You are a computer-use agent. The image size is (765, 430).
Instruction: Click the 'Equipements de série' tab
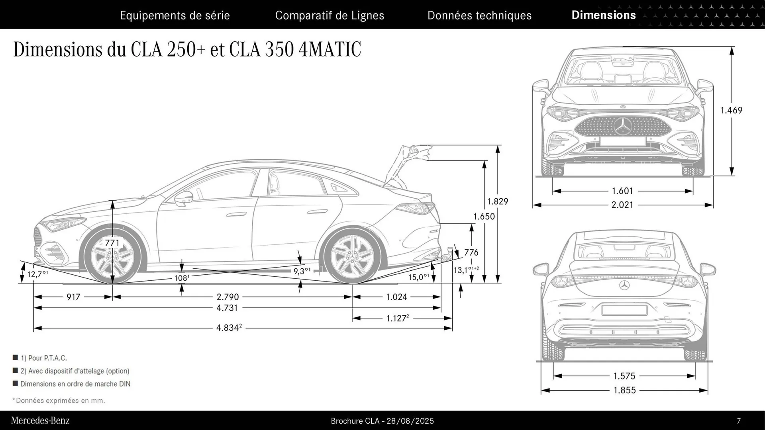click(x=175, y=16)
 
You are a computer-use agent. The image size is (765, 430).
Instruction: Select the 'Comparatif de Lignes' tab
click(x=330, y=16)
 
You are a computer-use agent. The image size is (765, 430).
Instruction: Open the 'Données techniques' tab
click(x=479, y=16)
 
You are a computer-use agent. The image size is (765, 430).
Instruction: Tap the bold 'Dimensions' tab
click(x=603, y=15)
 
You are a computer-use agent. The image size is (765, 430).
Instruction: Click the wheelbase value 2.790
click(x=228, y=297)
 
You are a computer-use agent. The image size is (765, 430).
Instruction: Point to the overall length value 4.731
click(x=227, y=308)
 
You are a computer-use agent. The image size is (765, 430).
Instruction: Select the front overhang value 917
click(x=73, y=297)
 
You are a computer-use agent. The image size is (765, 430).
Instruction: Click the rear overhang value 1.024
click(x=396, y=297)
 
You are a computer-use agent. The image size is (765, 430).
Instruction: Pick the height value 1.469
click(x=731, y=110)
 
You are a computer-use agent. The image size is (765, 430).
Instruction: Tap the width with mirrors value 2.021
click(x=622, y=205)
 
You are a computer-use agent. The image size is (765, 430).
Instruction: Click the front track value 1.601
click(x=622, y=191)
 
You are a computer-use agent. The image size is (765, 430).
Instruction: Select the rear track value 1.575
click(x=624, y=376)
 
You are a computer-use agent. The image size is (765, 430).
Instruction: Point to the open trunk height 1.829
click(x=498, y=201)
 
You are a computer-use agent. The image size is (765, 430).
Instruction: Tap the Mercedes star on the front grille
click(x=623, y=126)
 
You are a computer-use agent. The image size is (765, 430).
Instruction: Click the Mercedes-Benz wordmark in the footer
click(x=40, y=421)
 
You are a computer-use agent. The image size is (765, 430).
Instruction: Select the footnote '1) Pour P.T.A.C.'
click(x=43, y=358)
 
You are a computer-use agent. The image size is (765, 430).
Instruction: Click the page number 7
click(x=739, y=421)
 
